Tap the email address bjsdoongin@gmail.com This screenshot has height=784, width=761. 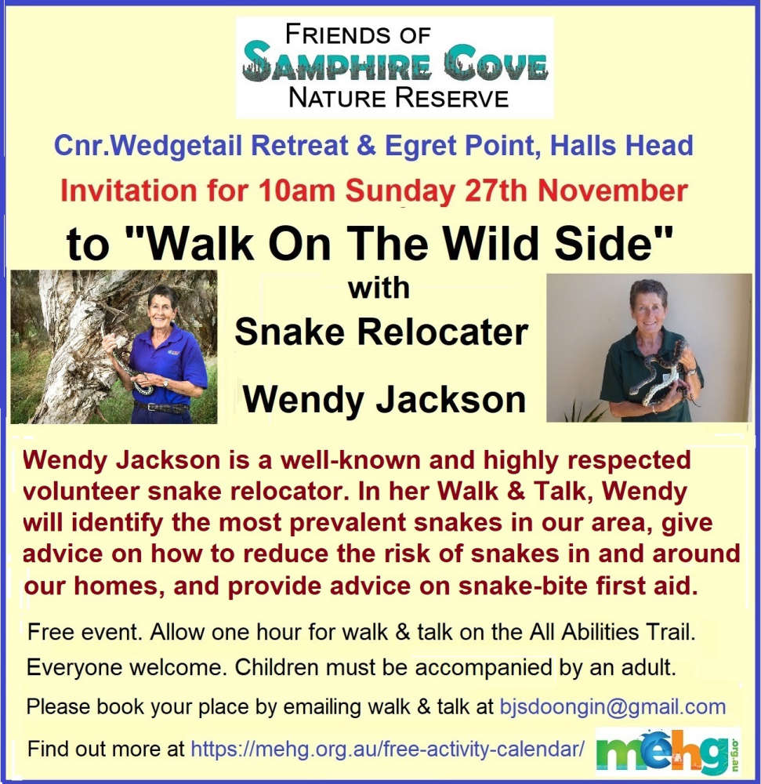point(613,707)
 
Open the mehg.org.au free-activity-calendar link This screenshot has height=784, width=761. point(388,749)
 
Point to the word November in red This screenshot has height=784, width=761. point(613,191)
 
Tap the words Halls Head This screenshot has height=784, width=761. point(621,146)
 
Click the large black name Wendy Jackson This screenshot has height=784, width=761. point(384,400)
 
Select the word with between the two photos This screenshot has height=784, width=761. point(379,289)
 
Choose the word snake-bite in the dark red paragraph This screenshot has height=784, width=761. point(523,586)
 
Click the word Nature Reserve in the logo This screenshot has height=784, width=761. point(398,97)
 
